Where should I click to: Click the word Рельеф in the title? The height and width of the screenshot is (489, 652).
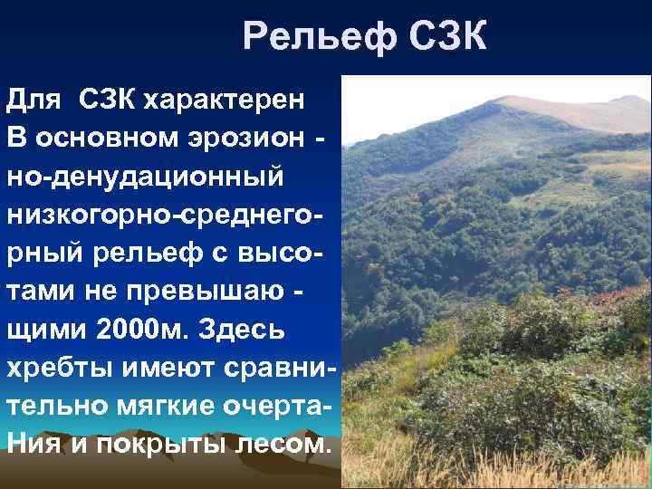pyautogui.click(x=309, y=37)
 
